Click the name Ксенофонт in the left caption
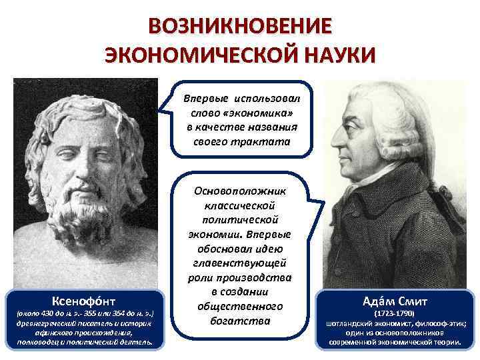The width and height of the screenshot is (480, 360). click(81, 299)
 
